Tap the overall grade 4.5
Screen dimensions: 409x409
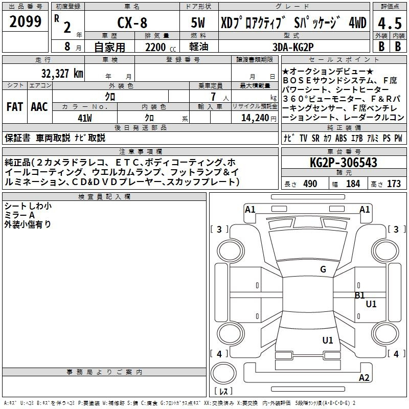coord(389,23)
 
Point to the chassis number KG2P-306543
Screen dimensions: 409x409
coord(344,163)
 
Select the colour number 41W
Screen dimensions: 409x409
coord(84,118)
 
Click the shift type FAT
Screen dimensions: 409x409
coord(14,107)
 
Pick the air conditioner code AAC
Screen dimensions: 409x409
coord(39,107)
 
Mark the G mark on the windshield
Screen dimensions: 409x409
coord(323,269)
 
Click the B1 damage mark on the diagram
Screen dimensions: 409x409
coord(360,295)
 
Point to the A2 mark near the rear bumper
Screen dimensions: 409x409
coord(364,378)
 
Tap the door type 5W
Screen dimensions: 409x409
coord(199,22)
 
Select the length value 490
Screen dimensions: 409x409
coord(310,184)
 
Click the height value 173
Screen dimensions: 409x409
coord(394,184)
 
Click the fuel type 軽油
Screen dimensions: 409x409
coord(199,47)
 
